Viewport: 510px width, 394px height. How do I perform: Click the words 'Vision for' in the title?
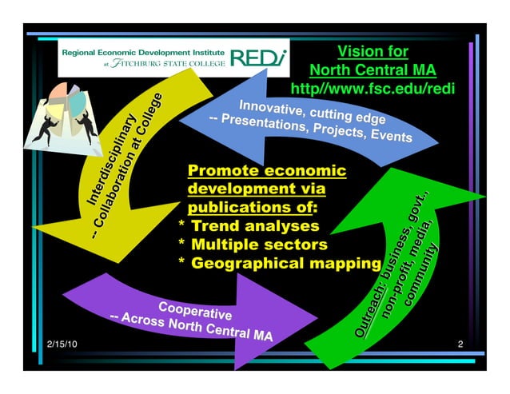373,52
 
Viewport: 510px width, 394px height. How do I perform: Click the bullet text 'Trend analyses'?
255,226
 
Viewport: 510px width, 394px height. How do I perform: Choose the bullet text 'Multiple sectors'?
260,245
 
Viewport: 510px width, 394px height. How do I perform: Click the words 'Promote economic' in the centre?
266,171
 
